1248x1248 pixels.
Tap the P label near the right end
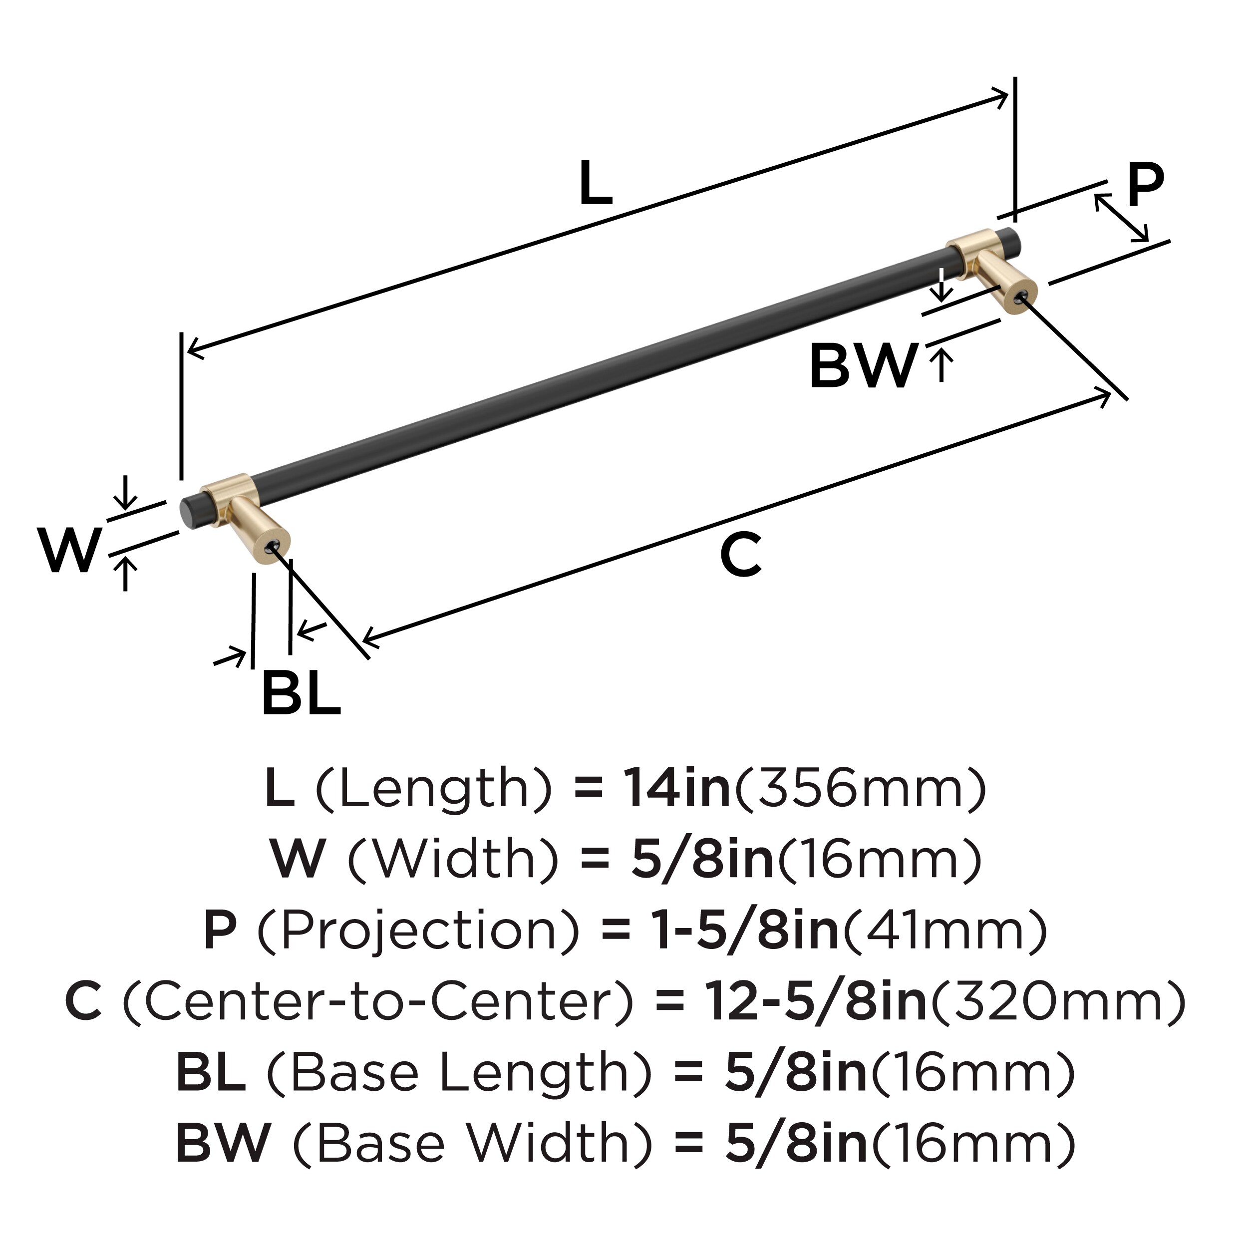click(1145, 185)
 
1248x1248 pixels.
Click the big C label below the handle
click(741, 554)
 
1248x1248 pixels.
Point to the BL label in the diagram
click(301, 694)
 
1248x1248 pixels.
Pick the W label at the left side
click(70, 550)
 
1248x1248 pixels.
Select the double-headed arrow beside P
click(1121, 218)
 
